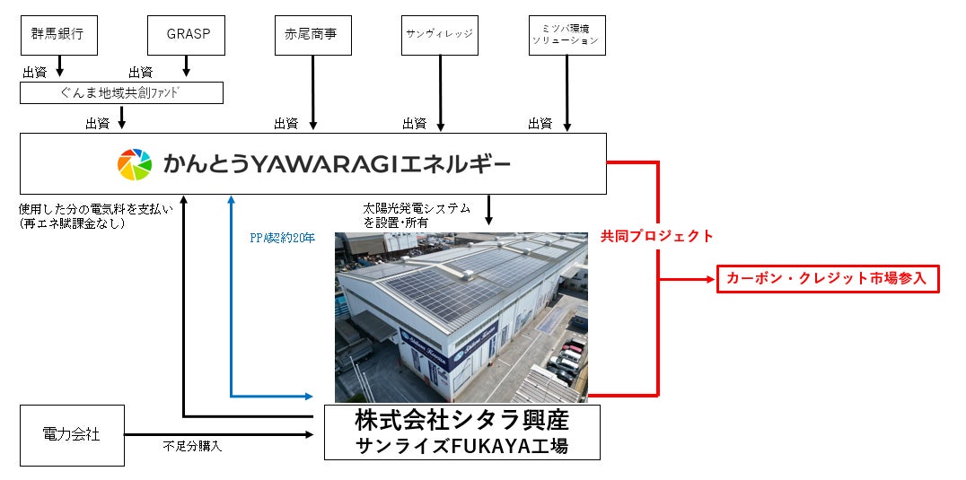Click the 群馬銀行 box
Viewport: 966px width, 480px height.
(x=58, y=36)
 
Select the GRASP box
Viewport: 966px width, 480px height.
(x=186, y=36)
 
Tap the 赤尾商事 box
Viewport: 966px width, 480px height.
(x=312, y=36)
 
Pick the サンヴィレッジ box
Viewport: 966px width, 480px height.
(x=440, y=36)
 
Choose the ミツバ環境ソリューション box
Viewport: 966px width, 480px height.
(x=566, y=36)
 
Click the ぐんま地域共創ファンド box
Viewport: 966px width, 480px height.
(x=121, y=93)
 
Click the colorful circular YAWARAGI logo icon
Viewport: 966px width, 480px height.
(x=135, y=164)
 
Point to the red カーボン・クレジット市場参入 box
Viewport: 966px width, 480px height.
(x=828, y=280)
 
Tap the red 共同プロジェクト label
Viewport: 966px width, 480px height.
(x=657, y=237)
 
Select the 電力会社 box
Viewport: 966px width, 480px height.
(x=72, y=435)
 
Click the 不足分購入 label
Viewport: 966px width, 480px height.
(x=192, y=446)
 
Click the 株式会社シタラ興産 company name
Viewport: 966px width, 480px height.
(x=461, y=420)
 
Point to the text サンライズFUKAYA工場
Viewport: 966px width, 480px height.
(x=461, y=446)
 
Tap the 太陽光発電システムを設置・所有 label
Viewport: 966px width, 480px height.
(x=417, y=214)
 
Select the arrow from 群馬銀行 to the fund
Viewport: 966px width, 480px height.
(x=59, y=66)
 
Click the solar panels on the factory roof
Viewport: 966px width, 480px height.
(x=467, y=269)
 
